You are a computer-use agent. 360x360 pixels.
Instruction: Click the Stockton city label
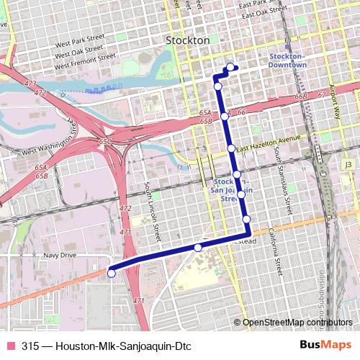(188, 41)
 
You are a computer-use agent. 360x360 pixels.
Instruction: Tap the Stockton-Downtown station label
(287, 60)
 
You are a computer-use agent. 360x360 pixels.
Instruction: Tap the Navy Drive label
(60, 256)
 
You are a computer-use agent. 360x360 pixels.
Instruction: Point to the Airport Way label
(334, 84)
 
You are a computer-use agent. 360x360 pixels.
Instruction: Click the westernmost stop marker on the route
(112, 272)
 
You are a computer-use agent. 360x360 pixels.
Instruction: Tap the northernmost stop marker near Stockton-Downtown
(230, 68)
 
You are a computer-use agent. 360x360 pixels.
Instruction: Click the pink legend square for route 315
(10, 345)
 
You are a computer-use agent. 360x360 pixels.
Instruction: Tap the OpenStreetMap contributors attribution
(297, 322)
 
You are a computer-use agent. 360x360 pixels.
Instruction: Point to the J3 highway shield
(349, 164)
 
